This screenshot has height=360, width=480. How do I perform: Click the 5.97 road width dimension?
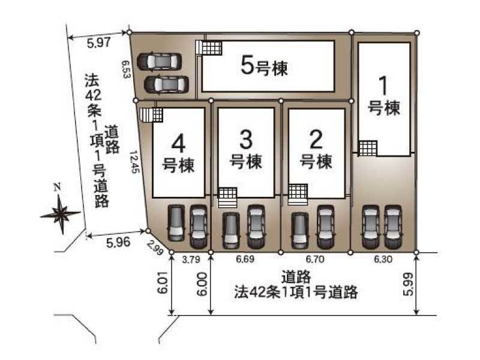pos(98,43)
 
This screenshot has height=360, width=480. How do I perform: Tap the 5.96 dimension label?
pos(118,242)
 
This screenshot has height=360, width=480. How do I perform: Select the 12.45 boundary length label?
pos(134,161)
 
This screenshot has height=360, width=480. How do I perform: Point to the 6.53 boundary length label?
pos(126,69)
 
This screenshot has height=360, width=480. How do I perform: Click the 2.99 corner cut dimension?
pos(155,247)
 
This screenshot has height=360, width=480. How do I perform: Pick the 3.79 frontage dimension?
pos(191,260)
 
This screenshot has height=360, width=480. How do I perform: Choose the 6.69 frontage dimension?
pos(245,259)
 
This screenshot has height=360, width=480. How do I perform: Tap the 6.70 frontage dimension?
pos(314,259)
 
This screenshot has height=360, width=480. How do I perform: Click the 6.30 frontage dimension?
pos(383,259)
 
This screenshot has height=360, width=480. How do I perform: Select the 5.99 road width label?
pos(409,284)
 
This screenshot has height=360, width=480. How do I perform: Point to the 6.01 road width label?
pos(163,282)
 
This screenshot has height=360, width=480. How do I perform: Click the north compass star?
pos(61,214)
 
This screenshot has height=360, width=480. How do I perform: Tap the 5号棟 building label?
pos(265,66)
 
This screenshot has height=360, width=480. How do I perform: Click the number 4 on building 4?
pos(178,144)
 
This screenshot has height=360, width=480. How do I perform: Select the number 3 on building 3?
pos(246,140)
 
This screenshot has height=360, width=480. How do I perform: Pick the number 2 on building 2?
pos(316,140)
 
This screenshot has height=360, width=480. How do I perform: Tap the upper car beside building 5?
pos(159,62)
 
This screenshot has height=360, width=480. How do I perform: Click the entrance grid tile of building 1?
pos(368,148)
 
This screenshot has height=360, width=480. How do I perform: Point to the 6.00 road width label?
pos(202,284)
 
